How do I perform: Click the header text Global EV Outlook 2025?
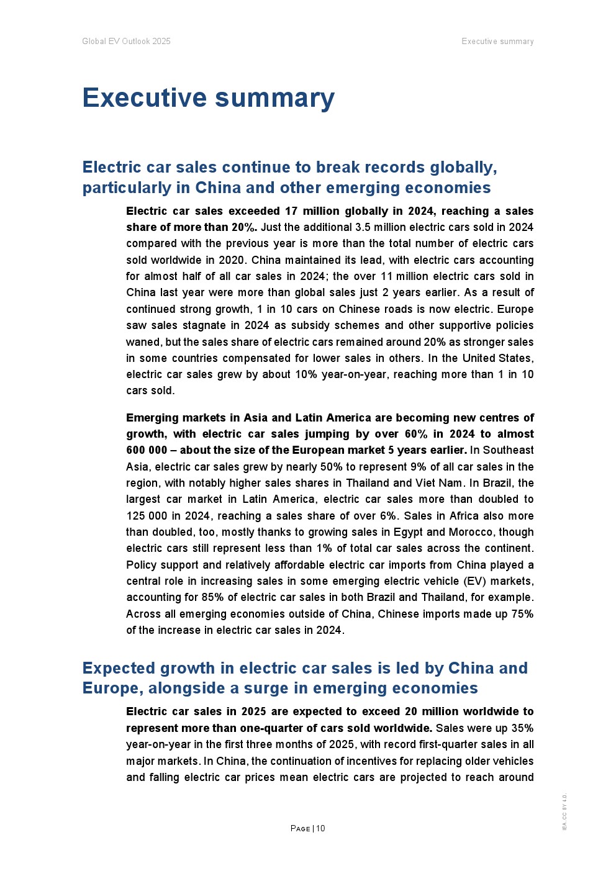coord(126,42)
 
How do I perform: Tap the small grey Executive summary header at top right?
coord(497,42)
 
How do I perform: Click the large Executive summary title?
coord(208,98)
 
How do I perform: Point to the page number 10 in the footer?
coord(320,828)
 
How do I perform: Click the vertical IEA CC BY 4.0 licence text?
coord(564,812)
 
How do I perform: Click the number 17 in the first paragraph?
coord(291,211)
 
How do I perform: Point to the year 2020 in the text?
coord(232,260)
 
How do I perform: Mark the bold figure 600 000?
coord(147,450)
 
